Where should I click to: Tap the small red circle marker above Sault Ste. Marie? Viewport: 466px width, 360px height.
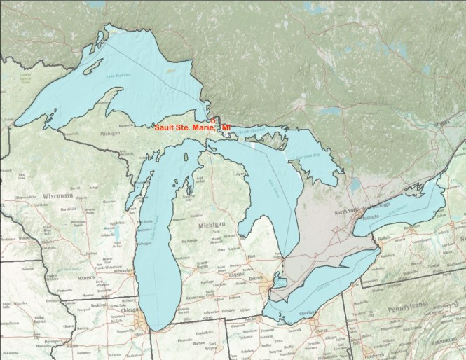click(214, 120)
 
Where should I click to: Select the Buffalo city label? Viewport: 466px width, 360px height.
click(383, 239)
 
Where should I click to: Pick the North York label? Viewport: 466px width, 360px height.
click(346, 211)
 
